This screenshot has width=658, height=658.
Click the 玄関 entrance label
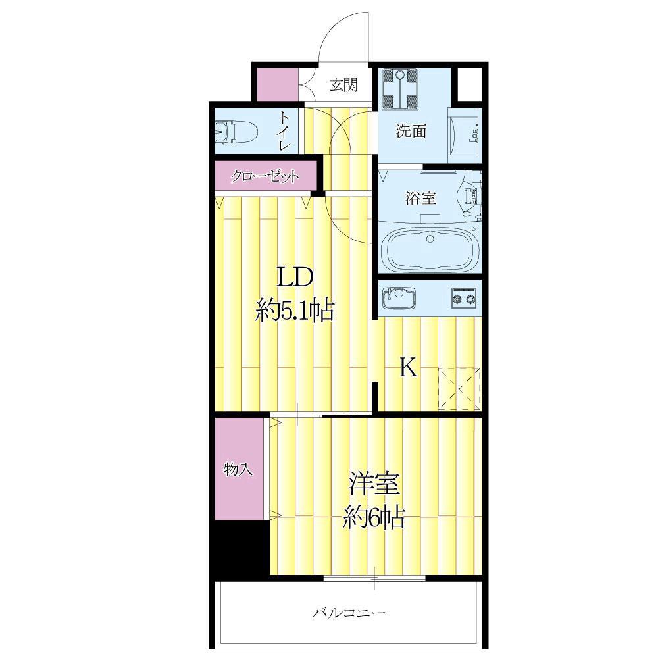[x=343, y=85]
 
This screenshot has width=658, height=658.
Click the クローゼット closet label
[x=265, y=176]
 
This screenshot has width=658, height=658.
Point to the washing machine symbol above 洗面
[x=400, y=89]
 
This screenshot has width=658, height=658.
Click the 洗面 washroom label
[x=411, y=132]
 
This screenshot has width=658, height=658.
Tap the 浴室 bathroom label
[x=420, y=198]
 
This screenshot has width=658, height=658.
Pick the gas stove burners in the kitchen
[x=464, y=298]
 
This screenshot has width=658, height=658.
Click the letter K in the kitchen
[x=407, y=368]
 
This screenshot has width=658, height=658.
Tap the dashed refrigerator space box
[x=459, y=389]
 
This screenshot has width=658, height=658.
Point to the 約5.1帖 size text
[x=295, y=311]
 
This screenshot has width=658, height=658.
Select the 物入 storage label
[x=238, y=468]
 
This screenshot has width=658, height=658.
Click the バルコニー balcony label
[x=349, y=613]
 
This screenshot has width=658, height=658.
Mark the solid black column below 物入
[x=240, y=547]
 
